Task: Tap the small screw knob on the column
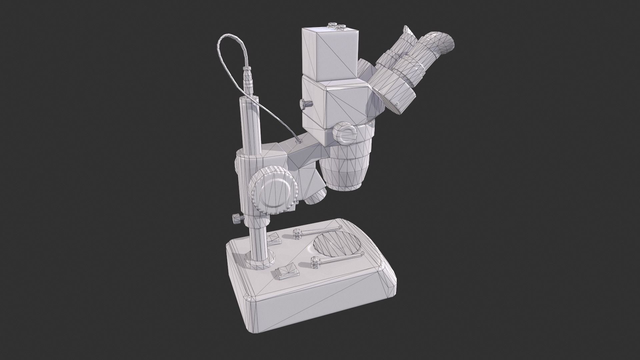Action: coord(237,219)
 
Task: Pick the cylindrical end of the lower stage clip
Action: coord(315,262)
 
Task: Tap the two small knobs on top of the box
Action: coord(337,26)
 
